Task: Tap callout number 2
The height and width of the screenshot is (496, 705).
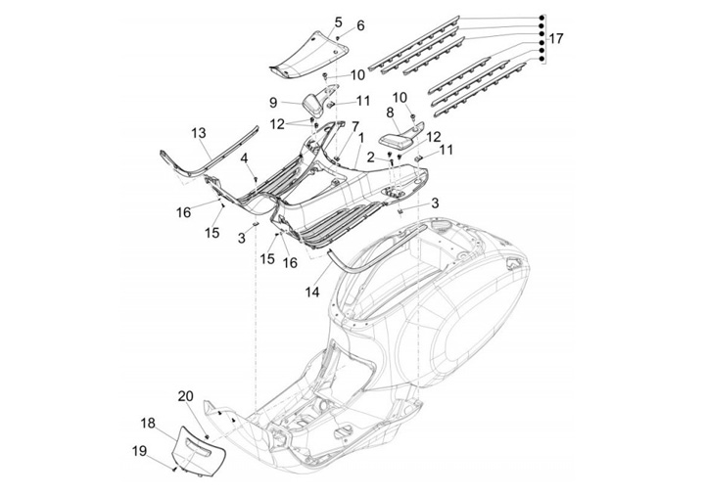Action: (372, 156)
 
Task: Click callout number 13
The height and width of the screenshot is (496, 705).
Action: (199, 132)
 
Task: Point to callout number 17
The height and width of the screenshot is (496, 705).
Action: (555, 39)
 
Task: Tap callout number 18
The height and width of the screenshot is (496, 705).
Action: (147, 423)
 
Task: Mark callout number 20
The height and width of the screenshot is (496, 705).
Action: (185, 396)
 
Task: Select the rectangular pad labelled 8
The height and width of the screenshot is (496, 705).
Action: (397, 139)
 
